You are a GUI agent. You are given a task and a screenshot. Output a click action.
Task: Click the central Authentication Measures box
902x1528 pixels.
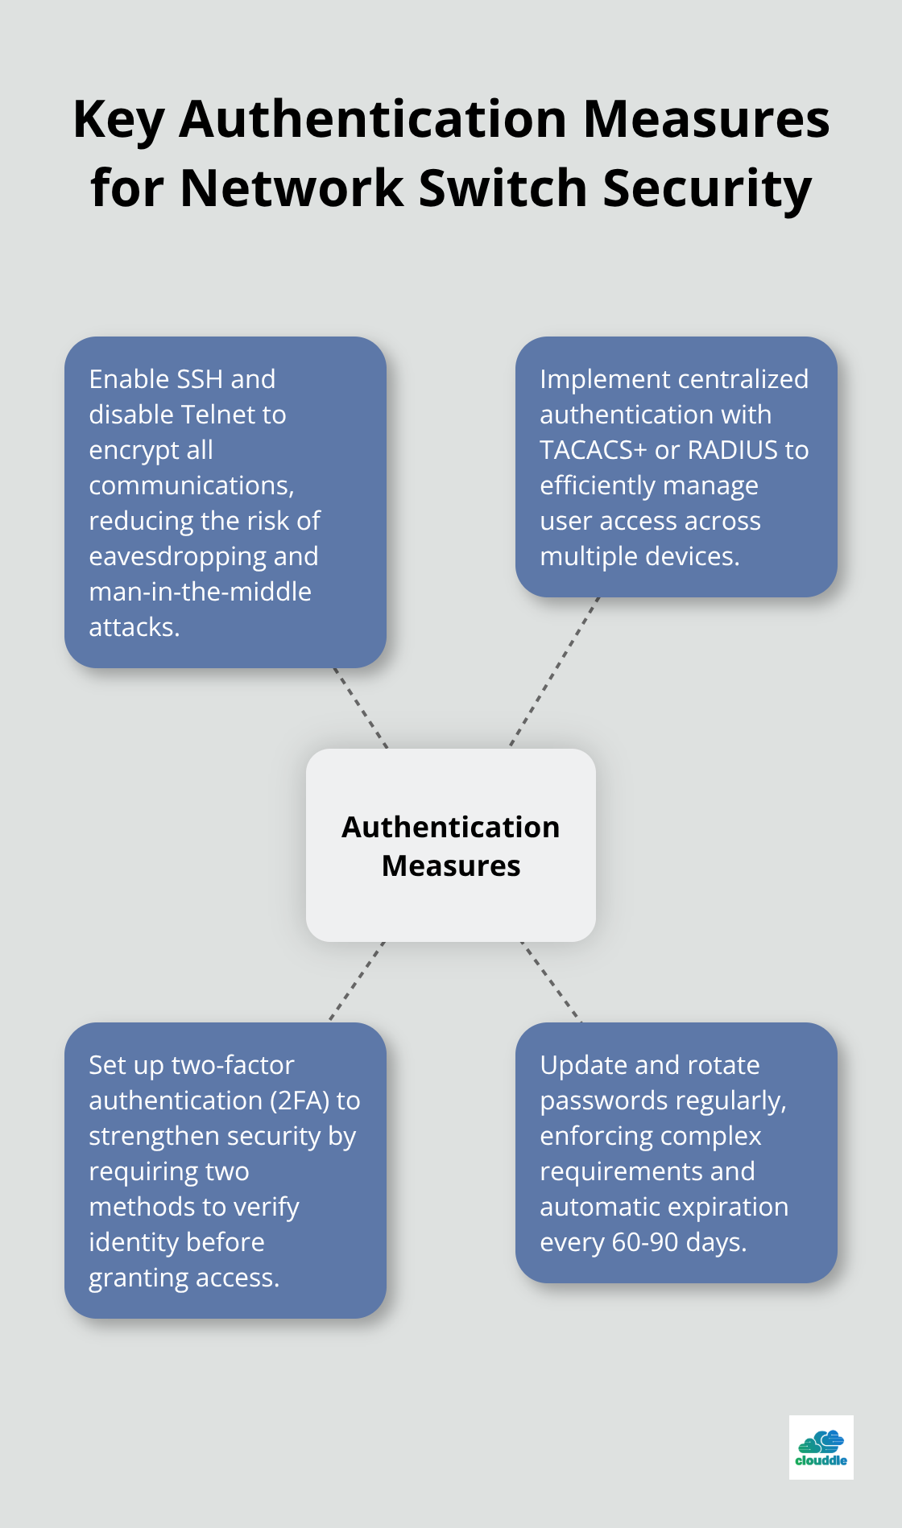451,845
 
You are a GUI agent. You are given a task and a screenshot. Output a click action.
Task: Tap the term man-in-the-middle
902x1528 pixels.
200,592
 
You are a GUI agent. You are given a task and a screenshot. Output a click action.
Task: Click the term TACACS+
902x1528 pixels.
593,450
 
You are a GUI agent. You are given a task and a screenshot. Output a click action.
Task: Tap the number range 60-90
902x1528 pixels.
645,1242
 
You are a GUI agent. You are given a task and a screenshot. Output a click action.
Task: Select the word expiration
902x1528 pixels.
731,1207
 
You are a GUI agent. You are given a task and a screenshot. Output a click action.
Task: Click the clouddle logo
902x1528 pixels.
821,1447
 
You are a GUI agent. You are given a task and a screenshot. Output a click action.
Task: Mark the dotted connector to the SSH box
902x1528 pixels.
361,708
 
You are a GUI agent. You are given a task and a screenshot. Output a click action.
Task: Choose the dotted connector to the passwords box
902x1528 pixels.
552,982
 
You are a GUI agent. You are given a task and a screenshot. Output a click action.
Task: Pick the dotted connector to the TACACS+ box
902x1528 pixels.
555,672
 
